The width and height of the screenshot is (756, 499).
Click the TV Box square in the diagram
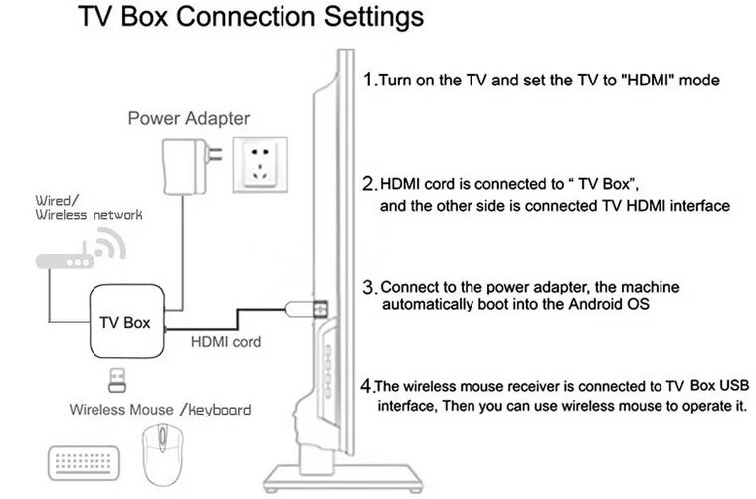125,322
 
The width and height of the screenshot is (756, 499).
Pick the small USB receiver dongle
118,379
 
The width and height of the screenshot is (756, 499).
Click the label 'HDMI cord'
226,342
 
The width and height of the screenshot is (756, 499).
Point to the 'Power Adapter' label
188,119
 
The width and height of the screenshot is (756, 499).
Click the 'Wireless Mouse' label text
107,409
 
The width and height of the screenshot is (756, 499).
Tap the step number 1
368,80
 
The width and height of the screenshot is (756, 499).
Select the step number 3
368,288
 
